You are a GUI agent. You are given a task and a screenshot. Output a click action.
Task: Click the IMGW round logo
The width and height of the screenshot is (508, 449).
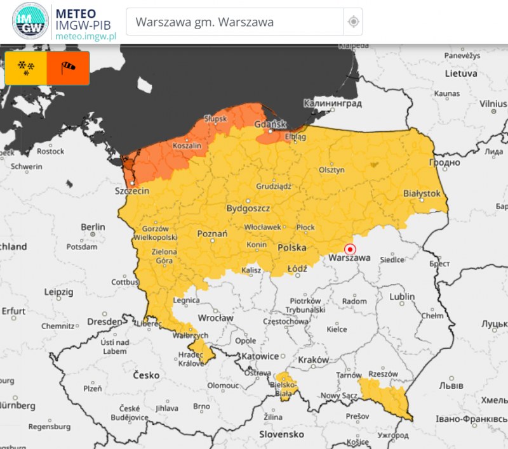[x=30, y=22]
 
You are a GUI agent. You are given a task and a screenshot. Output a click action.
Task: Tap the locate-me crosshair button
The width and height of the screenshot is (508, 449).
[x=353, y=22]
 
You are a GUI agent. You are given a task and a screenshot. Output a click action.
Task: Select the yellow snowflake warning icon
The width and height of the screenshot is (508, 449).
[x=26, y=68]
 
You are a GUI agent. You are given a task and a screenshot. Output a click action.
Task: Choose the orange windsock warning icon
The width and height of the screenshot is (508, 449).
[x=68, y=68]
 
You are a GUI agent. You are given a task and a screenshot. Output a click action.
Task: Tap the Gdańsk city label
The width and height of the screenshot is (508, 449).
[x=271, y=124]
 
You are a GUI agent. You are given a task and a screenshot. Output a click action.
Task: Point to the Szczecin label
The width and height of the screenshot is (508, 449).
[x=131, y=190]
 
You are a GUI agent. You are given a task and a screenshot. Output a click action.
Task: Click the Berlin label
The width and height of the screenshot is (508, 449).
[x=93, y=226]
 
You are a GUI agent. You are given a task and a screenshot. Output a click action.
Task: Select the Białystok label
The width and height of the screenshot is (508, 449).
[x=422, y=193]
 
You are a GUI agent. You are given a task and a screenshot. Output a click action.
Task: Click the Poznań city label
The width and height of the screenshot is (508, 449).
[x=213, y=234]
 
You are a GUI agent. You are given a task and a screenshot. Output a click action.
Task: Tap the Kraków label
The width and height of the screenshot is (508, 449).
[x=313, y=360]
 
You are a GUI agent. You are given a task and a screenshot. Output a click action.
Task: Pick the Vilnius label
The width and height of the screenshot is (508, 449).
[x=493, y=103]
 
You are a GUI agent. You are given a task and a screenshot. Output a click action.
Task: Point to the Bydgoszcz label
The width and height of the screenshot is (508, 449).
[x=248, y=208]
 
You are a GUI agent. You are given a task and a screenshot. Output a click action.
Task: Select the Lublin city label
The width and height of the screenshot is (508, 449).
[x=403, y=296]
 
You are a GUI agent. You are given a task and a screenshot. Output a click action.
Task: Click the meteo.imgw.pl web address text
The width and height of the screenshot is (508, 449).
[x=86, y=36]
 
